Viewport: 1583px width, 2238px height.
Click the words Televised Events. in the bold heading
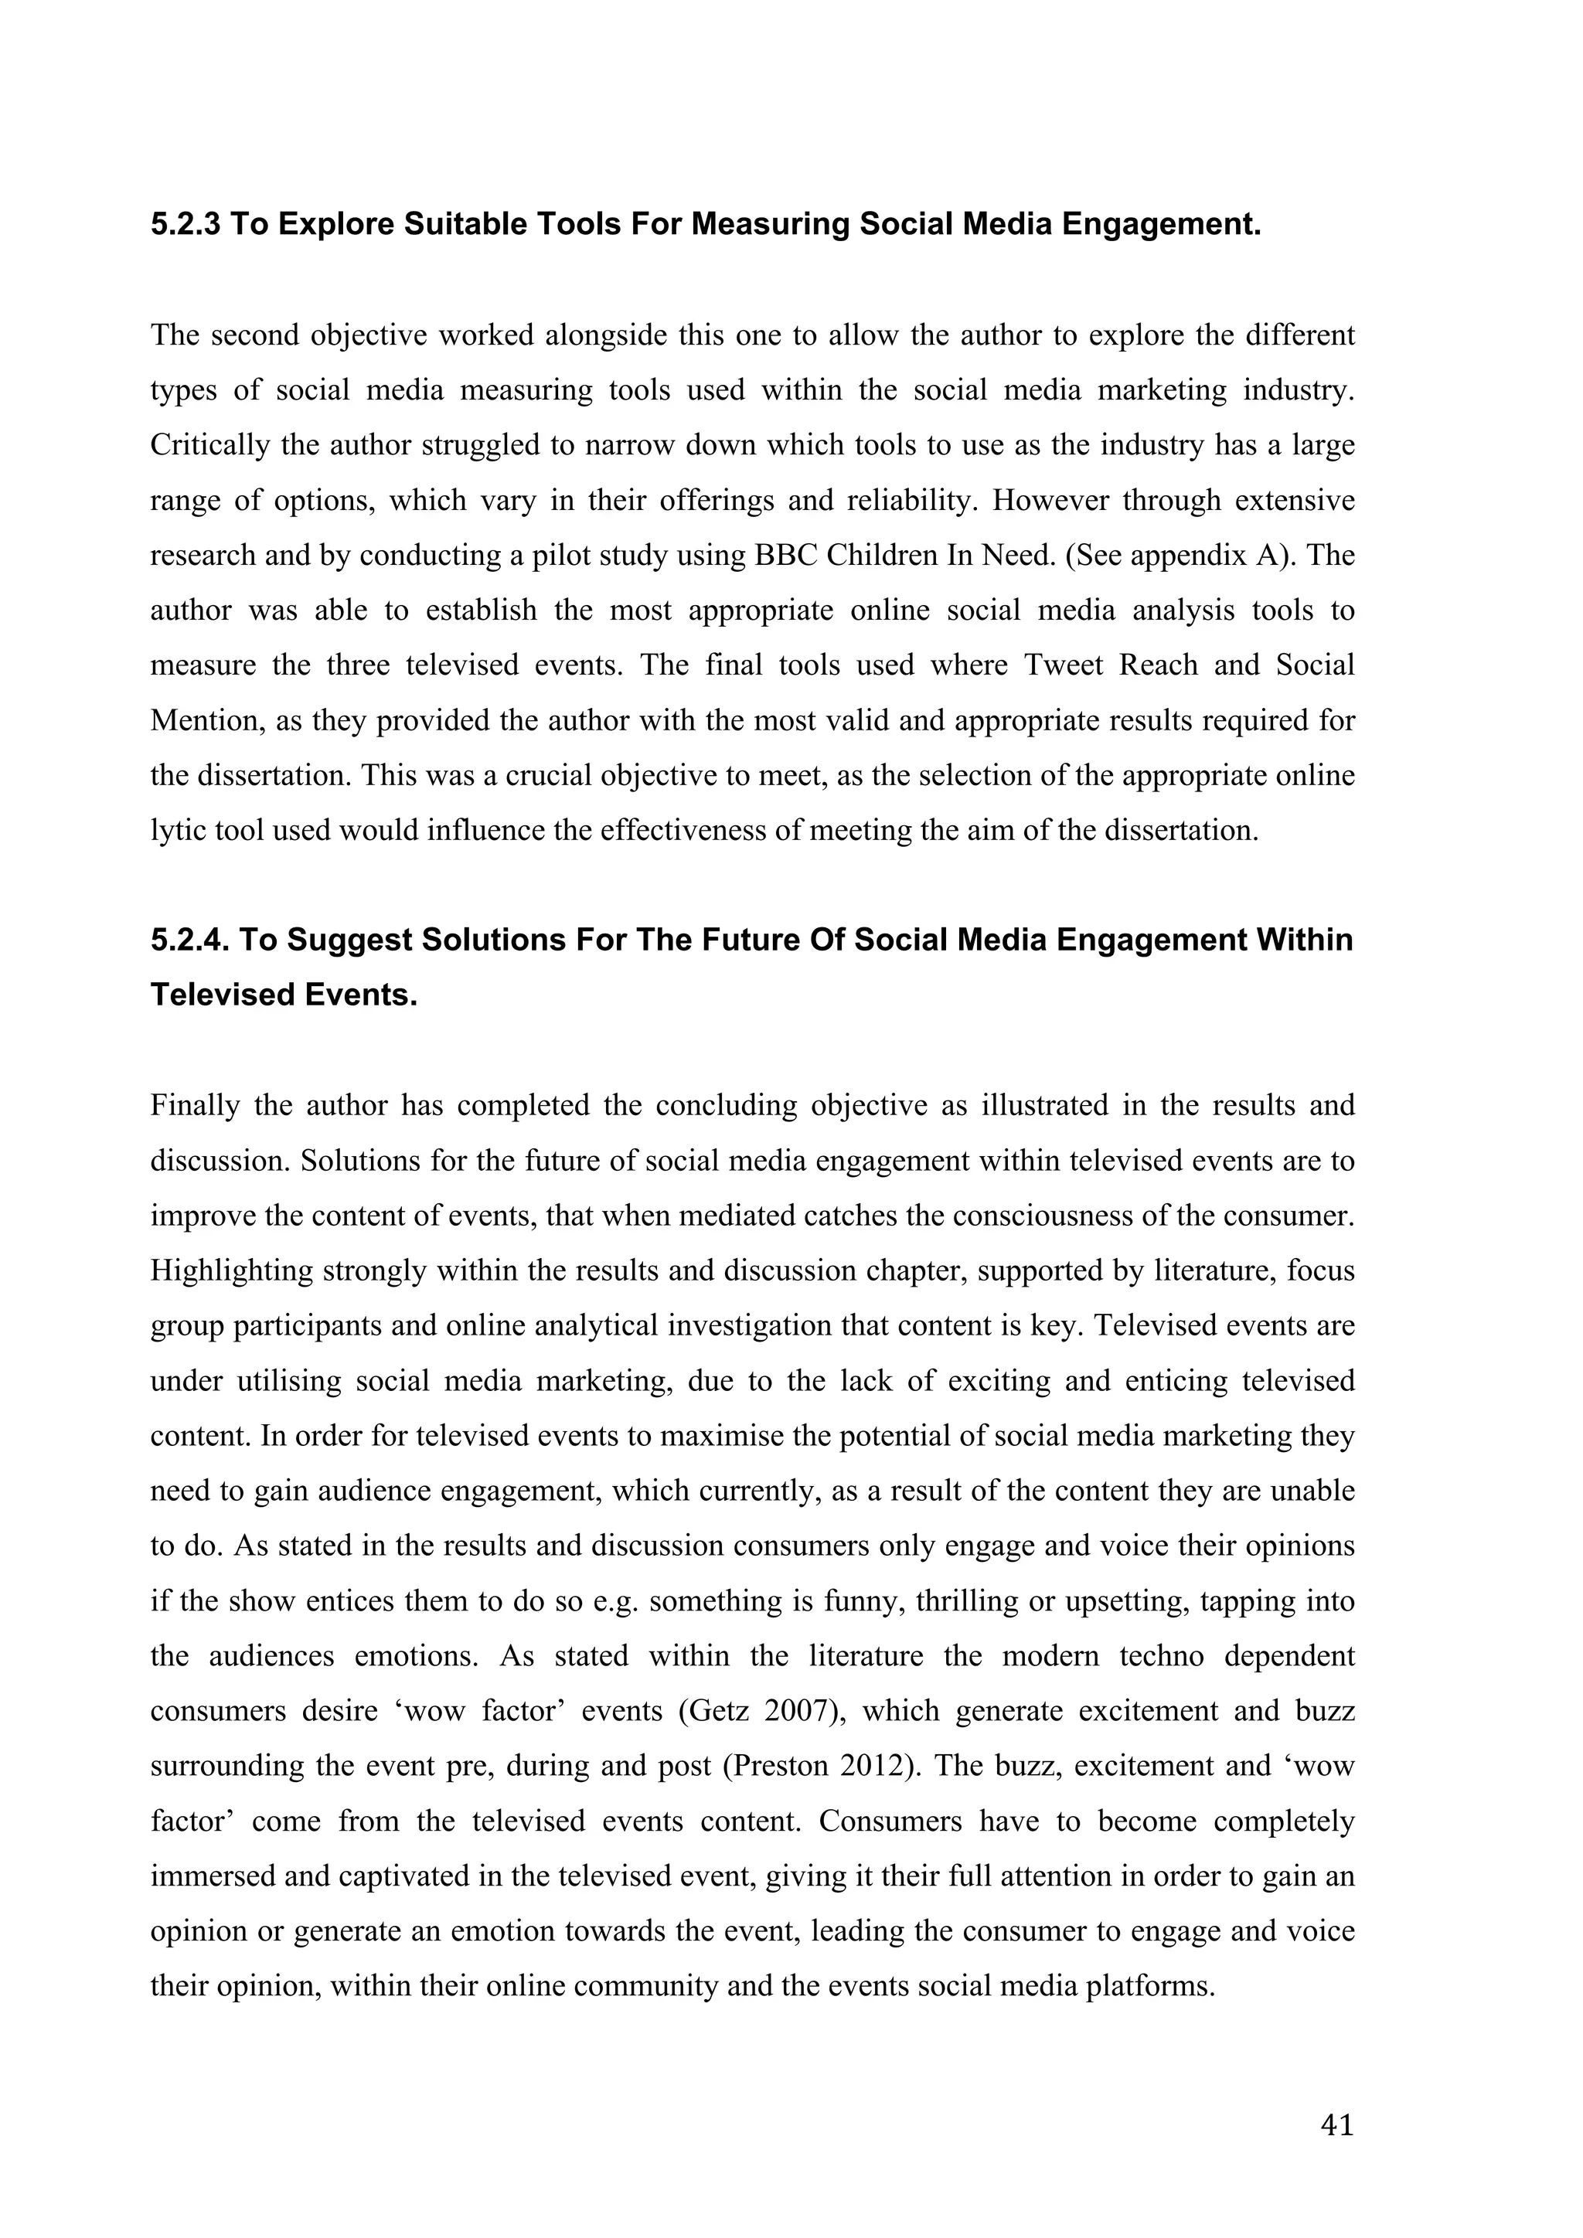tap(284, 995)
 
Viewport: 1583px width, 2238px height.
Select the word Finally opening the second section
tap(195, 1105)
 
